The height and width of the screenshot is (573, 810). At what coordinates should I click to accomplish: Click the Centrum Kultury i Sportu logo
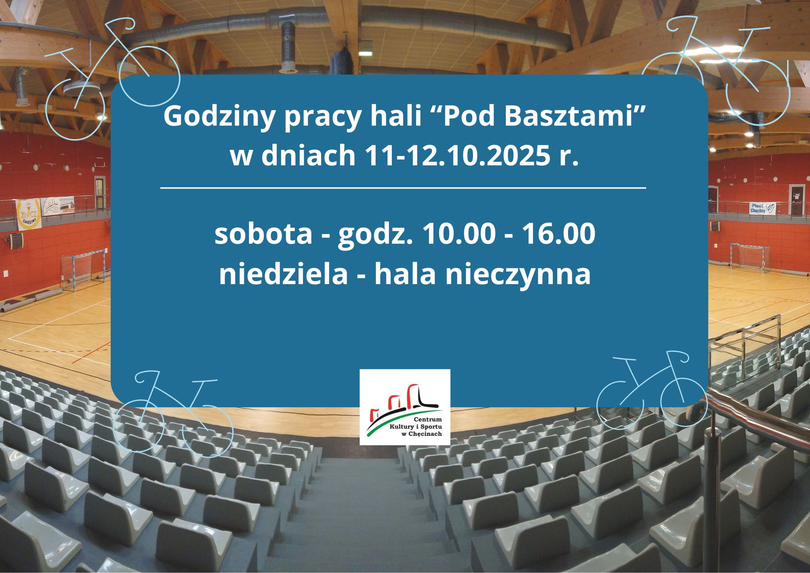[405, 407]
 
